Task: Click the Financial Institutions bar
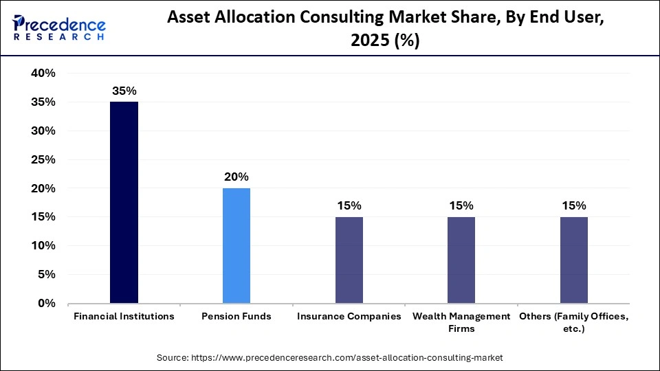tap(124, 202)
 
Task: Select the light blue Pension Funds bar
tap(236, 245)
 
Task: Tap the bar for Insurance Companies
tap(349, 260)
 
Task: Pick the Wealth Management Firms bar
tap(461, 260)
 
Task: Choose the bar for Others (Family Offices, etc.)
tap(574, 260)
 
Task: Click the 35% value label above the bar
tap(124, 91)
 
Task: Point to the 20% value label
tap(236, 177)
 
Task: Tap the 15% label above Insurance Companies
tap(349, 206)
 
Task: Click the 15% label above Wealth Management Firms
tap(461, 206)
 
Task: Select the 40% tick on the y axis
tap(42, 74)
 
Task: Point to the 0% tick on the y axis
tap(46, 303)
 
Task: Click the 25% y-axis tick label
tap(42, 159)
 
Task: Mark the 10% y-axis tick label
tap(42, 245)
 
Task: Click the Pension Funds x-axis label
tap(236, 317)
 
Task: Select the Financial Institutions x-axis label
tap(124, 317)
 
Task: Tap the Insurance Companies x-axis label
tap(349, 317)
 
